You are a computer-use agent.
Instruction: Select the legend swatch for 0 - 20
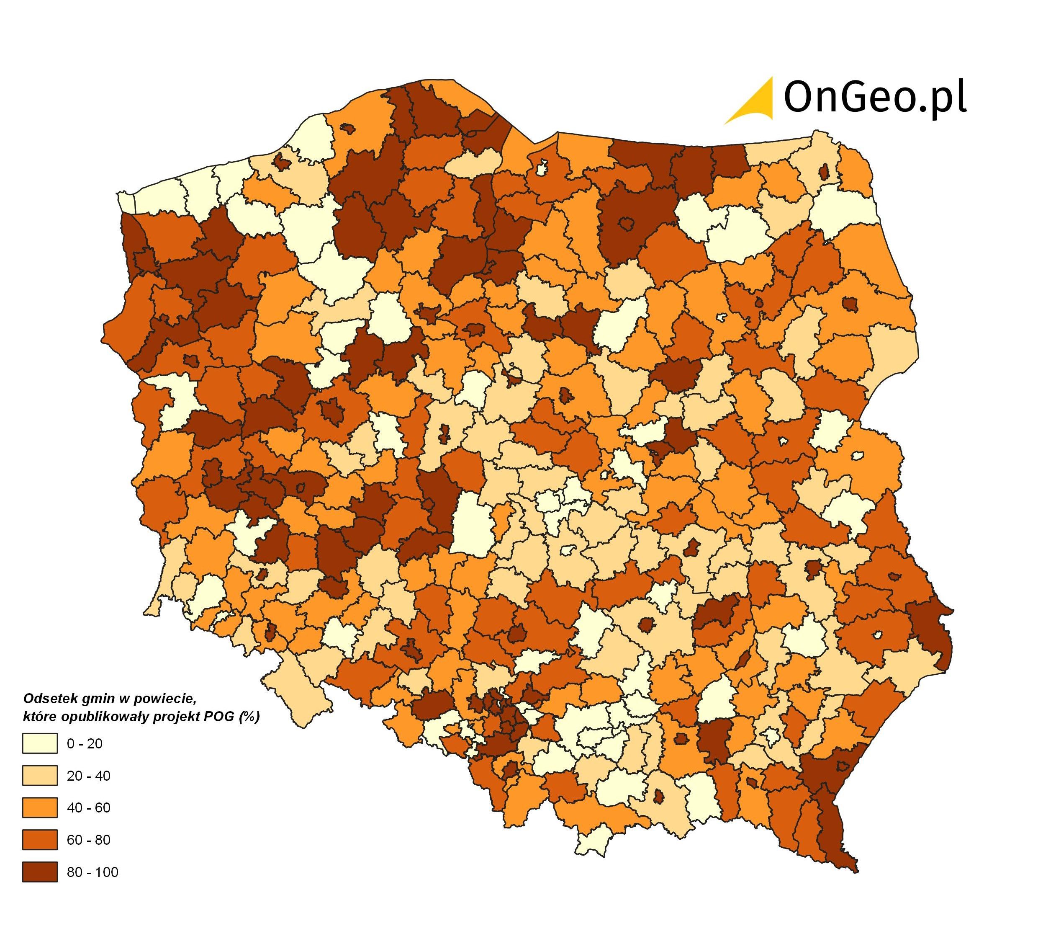(40, 743)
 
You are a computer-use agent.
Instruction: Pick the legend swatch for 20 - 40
(40, 775)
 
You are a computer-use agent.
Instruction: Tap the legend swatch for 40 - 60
(40, 807)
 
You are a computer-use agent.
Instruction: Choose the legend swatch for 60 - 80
(40, 839)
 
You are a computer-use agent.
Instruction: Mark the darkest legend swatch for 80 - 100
(40, 872)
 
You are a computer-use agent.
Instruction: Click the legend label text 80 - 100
(92, 872)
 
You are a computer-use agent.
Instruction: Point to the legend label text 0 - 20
(85, 744)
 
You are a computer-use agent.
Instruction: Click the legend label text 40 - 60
(88, 808)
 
